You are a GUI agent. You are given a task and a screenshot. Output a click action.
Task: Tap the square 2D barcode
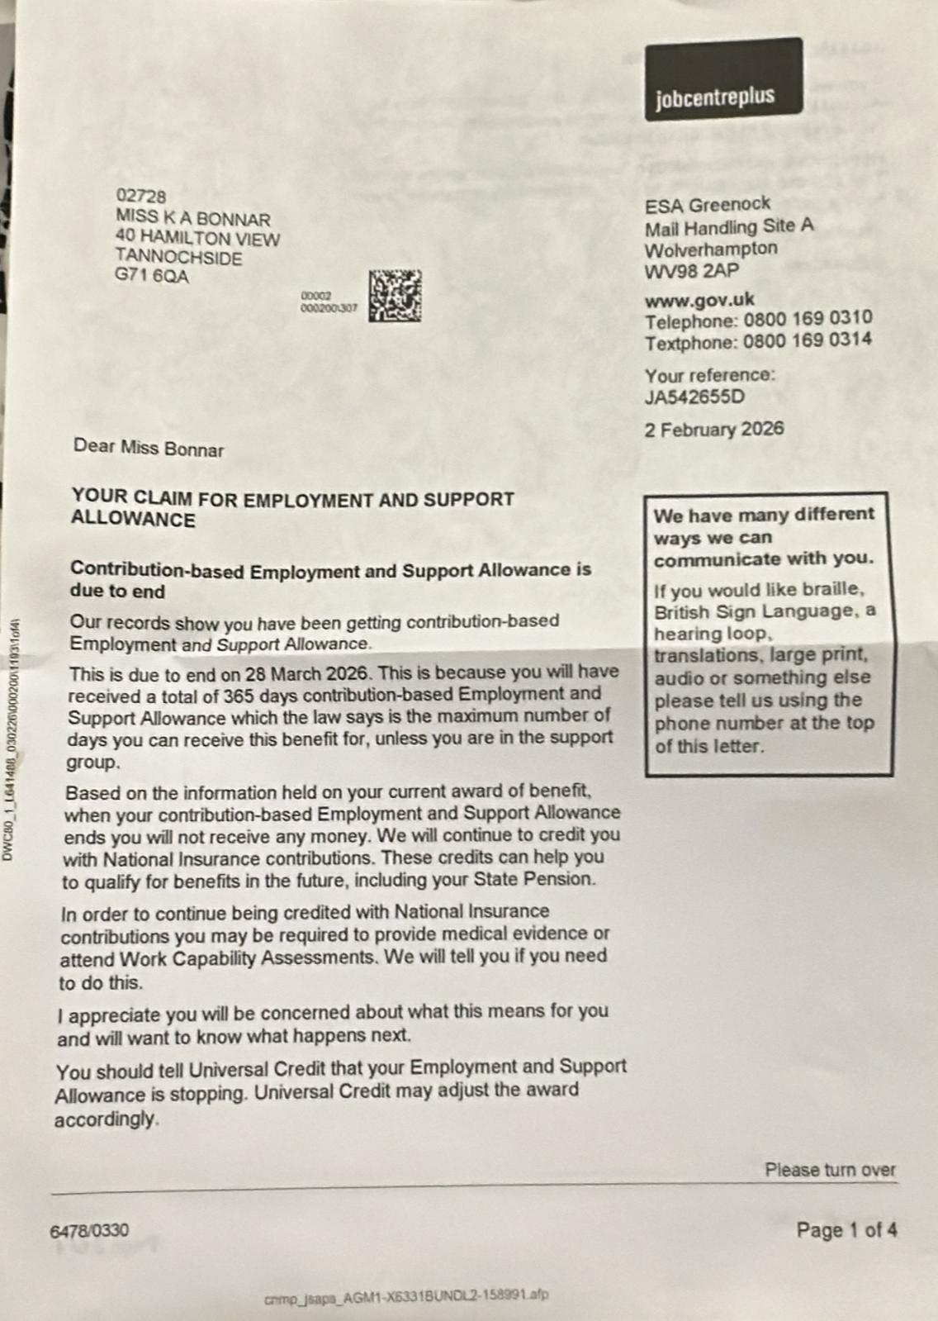(x=395, y=296)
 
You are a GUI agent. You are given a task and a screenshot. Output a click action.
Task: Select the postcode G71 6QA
(x=152, y=277)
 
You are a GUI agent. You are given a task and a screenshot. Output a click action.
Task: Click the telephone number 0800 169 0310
(x=808, y=319)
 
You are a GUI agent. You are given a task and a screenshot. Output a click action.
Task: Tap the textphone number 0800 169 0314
(x=807, y=340)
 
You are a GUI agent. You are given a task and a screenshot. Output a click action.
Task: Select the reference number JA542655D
(x=694, y=397)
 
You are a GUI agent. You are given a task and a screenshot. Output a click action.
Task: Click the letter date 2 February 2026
(x=714, y=430)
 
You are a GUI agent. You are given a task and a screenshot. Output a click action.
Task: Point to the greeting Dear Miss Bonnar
(x=149, y=448)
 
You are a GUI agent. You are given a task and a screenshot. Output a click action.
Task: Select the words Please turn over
(x=829, y=1170)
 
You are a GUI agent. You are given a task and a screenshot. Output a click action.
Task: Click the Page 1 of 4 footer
(x=846, y=1230)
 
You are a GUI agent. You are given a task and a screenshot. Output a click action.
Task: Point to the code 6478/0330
(x=89, y=1230)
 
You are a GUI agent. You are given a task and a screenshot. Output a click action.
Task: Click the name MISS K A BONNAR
(x=193, y=219)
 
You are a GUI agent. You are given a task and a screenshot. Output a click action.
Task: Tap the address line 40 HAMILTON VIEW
(x=197, y=239)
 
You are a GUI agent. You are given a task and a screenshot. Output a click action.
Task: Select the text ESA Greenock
(x=707, y=205)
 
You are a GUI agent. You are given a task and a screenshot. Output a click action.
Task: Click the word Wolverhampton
(x=711, y=249)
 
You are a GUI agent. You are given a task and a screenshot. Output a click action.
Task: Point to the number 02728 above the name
(x=141, y=197)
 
